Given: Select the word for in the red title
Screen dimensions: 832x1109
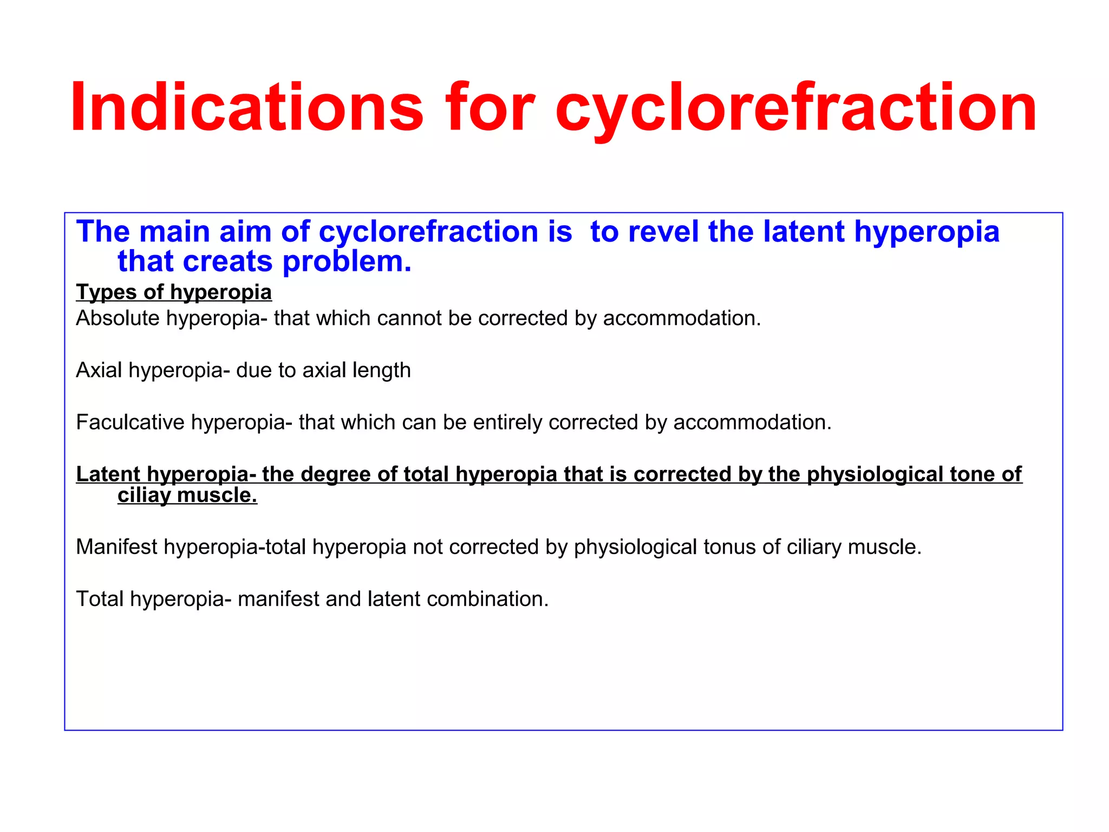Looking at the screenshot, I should (490, 107).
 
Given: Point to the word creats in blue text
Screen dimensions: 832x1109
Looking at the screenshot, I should (228, 262).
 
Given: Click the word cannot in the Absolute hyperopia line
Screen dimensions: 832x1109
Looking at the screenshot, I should (409, 318).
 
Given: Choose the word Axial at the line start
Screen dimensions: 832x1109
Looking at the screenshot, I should (99, 370).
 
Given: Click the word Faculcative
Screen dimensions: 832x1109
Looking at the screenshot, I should (130, 422).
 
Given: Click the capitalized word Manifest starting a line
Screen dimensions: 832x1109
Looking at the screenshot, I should (116, 547).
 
